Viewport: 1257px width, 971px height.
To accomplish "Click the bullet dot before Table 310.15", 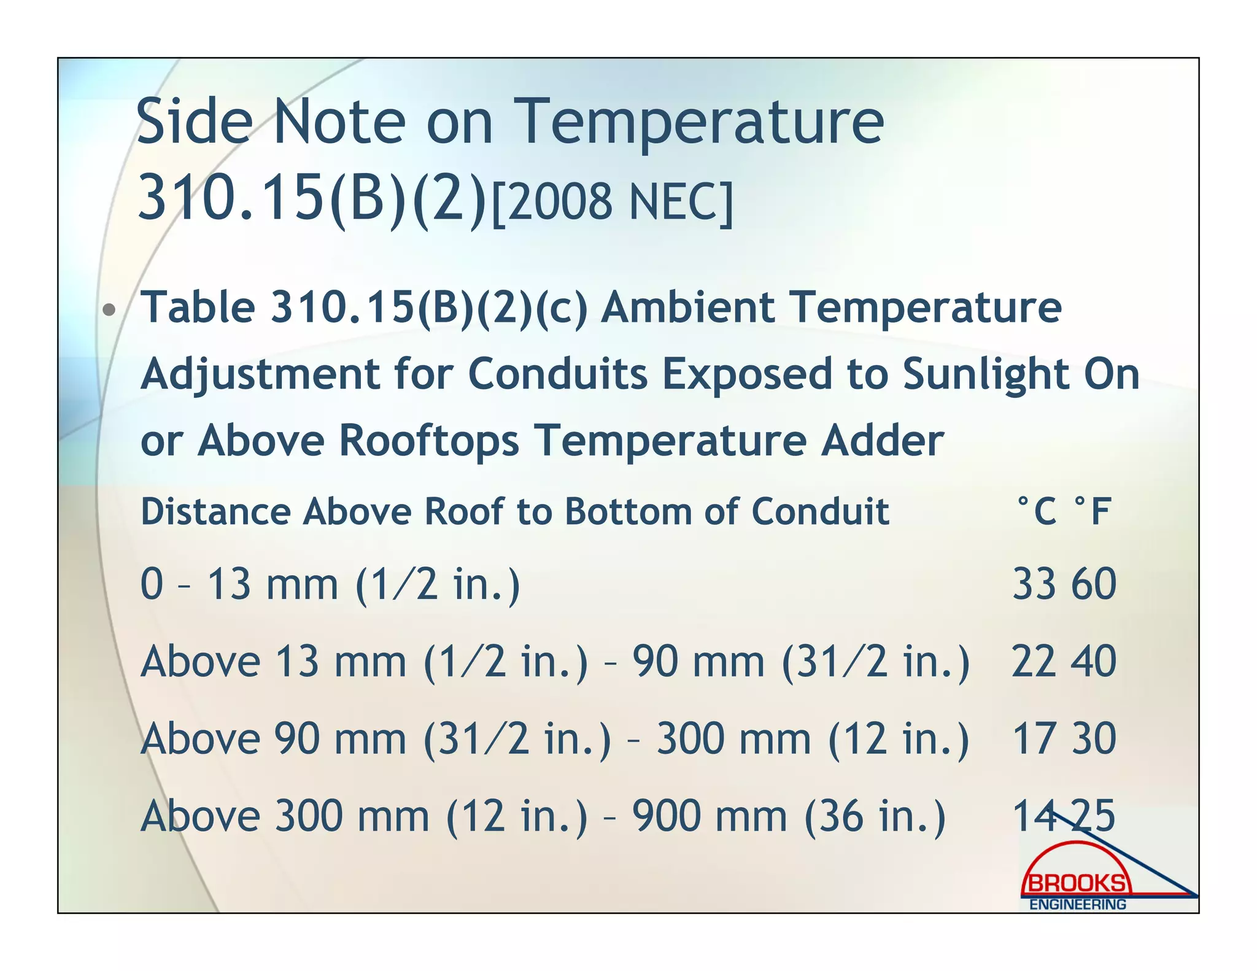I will click(x=109, y=309).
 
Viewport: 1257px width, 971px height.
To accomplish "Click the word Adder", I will click(x=883, y=441).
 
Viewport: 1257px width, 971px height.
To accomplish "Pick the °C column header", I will click(x=1037, y=511).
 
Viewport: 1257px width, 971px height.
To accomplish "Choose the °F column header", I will click(x=1093, y=511).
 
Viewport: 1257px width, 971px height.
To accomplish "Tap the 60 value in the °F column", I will click(x=1094, y=584).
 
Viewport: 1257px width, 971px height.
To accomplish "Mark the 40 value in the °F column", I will click(x=1094, y=662).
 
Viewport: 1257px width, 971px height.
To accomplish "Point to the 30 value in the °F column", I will click(x=1094, y=738).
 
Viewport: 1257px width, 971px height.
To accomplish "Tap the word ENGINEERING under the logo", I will click(x=1078, y=905).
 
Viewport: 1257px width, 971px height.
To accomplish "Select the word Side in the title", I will click(x=194, y=122).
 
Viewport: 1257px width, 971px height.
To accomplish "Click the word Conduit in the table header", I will click(x=820, y=511).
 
